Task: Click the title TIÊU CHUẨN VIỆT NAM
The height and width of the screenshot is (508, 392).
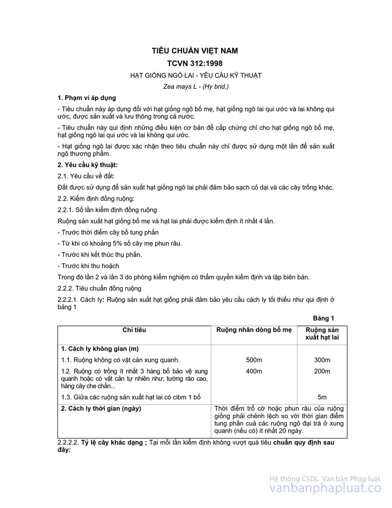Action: [x=195, y=51]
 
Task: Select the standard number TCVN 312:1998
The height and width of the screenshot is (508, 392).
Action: [x=195, y=63]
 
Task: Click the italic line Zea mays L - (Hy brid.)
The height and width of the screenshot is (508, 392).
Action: [x=196, y=86]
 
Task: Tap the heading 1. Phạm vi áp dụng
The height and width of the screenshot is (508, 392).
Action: [x=87, y=98]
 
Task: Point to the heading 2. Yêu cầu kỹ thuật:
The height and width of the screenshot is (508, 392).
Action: [x=88, y=165]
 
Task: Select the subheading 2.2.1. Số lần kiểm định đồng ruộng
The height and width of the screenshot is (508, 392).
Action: [x=107, y=210]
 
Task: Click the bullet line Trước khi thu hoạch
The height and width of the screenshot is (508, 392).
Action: [x=88, y=266]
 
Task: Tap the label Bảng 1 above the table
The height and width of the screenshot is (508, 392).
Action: [x=323, y=318]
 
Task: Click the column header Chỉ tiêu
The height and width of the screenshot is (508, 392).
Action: [x=134, y=330]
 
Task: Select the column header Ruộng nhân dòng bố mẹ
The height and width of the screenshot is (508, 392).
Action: [x=254, y=330]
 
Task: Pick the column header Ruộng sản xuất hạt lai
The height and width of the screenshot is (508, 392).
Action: [x=322, y=334]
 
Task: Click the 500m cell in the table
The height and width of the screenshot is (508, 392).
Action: [x=254, y=360]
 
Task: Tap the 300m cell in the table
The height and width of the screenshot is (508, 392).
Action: [x=322, y=360]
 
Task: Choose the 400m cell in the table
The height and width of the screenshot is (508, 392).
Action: [x=254, y=371]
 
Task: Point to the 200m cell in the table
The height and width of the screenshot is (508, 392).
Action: [x=322, y=371]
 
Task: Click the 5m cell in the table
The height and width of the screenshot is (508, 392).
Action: [x=322, y=397]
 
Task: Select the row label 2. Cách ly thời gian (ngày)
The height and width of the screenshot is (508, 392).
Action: [x=101, y=408]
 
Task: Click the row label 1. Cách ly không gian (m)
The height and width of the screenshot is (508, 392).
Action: [x=100, y=349]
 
